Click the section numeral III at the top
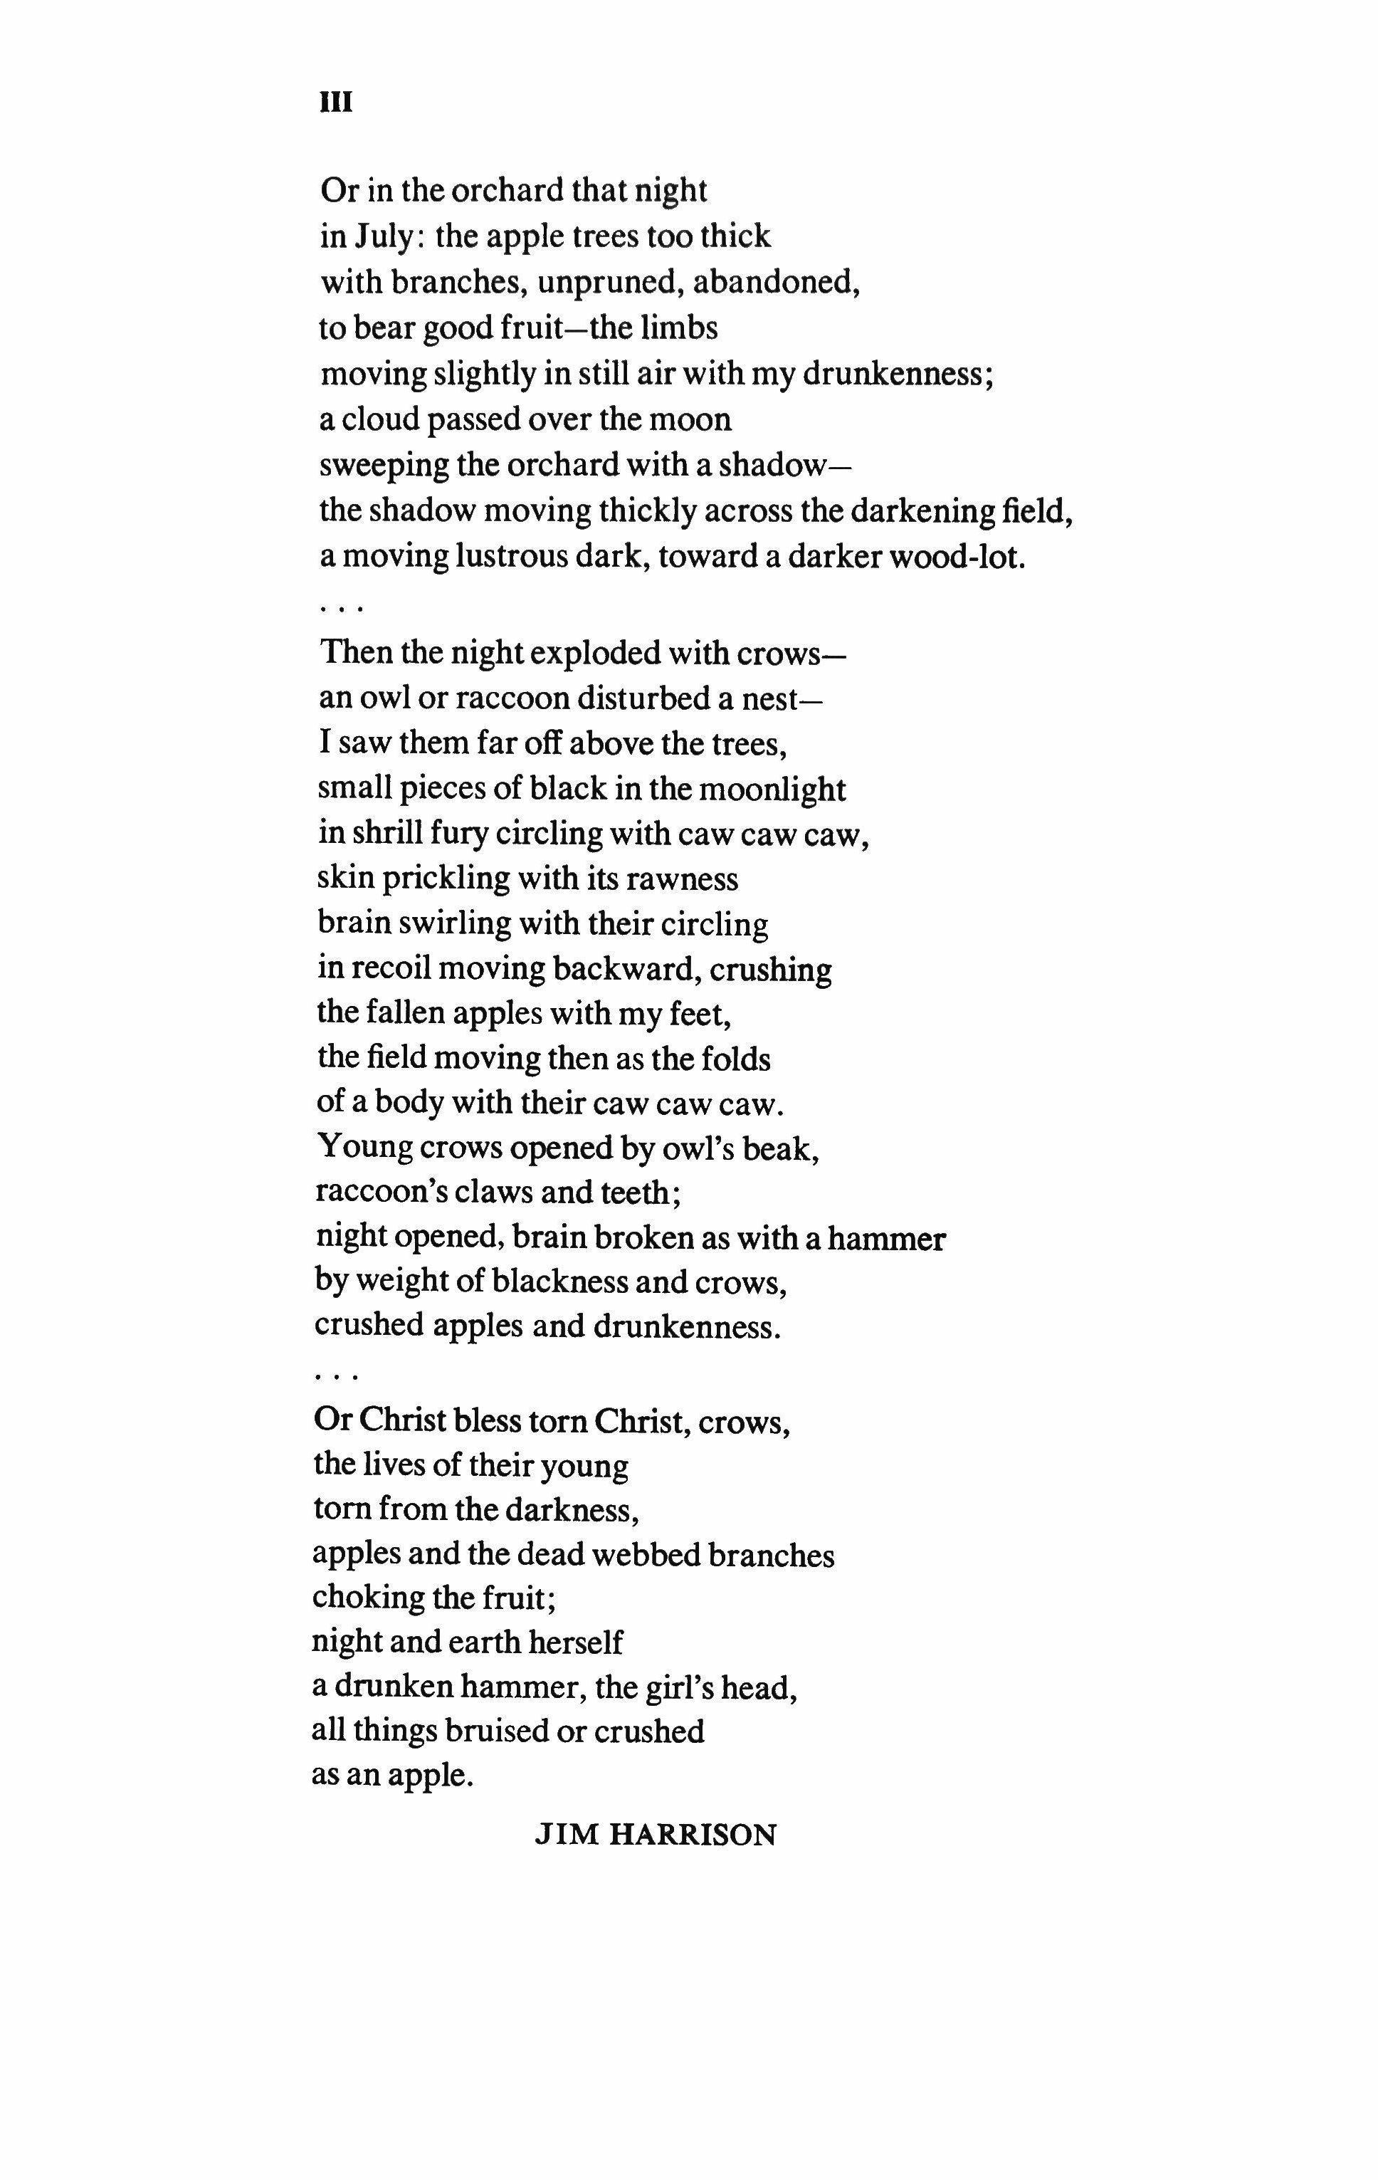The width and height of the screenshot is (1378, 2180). pos(336,103)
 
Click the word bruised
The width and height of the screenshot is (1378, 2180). pos(483,1731)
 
